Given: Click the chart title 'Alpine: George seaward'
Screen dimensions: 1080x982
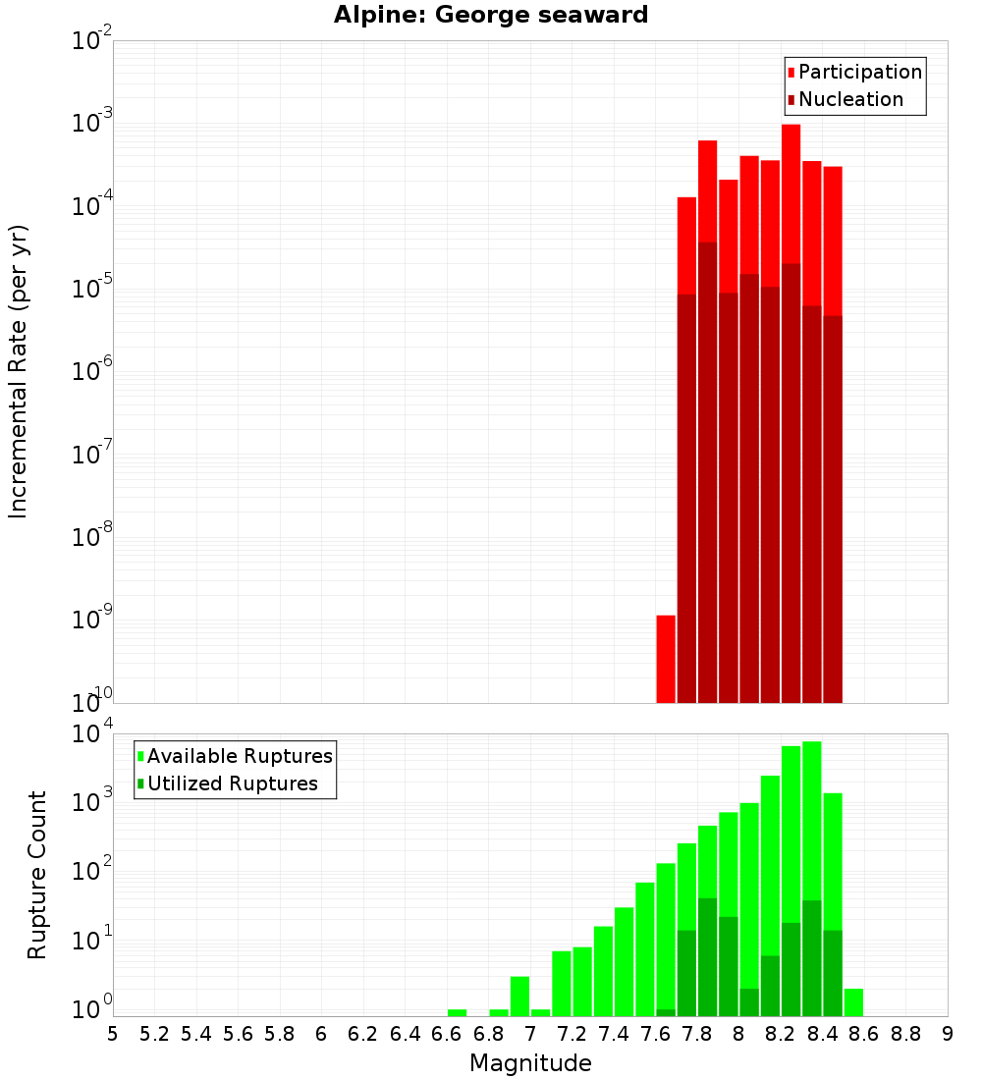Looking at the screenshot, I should pyautogui.click(x=491, y=15).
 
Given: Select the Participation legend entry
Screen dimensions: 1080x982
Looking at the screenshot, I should pyautogui.click(x=854, y=72).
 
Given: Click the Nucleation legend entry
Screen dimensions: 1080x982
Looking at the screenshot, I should pyautogui.click(x=845, y=99).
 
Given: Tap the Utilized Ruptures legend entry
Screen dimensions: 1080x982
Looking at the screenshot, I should pyautogui.click(x=226, y=783).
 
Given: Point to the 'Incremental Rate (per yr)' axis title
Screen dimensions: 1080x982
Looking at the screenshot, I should pyautogui.click(x=19, y=371).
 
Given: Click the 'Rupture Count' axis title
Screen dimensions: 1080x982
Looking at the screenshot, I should pyautogui.click(x=37, y=874).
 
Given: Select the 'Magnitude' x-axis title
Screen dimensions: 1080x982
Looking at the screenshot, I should pyautogui.click(x=530, y=1063).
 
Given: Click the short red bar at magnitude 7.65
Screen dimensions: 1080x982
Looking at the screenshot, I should pyautogui.click(x=666, y=659).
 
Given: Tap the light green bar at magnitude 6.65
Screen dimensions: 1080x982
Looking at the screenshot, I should pyautogui.click(x=457, y=1012).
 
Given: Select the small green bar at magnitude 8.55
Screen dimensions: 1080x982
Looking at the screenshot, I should pyautogui.click(x=853, y=1002).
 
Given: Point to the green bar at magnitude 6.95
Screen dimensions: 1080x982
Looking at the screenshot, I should pyautogui.click(x=519, y=996).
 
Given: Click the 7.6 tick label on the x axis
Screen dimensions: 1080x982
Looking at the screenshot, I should pyautogui.click(x=655, y=1034).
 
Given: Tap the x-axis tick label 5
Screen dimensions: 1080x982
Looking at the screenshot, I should pyautogui.click(x=113, y=1034).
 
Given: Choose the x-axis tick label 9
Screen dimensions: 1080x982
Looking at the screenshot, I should pyautogui.click(x=947, y=1034).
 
